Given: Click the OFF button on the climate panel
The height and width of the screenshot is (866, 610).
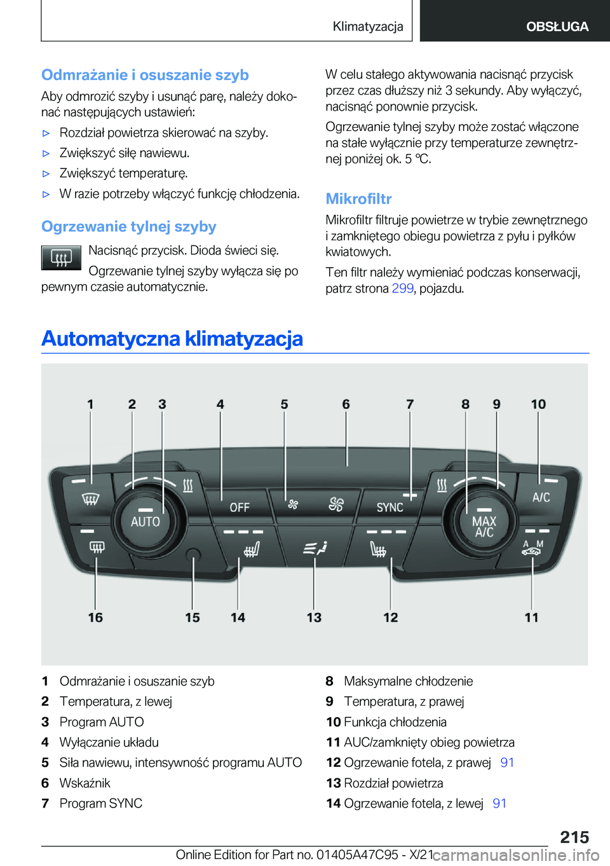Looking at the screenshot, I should pos(240,507).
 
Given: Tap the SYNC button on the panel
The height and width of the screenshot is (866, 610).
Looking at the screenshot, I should pos(390,507).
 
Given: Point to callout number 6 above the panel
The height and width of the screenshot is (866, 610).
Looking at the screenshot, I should pos(346,404).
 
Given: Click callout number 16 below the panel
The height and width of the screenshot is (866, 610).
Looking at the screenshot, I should pos(95,617).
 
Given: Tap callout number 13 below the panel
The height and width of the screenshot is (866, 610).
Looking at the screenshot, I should pos(314,617).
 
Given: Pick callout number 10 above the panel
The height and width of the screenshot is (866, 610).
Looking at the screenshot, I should pos(538,404).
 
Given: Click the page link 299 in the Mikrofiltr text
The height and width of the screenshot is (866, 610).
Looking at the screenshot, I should pos(402,288).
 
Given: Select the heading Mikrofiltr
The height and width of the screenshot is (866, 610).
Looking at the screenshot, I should pos(358,199).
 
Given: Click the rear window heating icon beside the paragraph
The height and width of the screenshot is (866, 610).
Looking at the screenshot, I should pos(61,258).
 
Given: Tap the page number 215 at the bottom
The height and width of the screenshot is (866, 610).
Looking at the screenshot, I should pos(574,837).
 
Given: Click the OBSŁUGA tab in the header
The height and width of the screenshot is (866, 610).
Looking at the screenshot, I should pos(557,26).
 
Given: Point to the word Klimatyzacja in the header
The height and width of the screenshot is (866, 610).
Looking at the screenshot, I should pos(368,26).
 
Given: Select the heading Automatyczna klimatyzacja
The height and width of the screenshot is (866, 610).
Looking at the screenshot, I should pos(172,338).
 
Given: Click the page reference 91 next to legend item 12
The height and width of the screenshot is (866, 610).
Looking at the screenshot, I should pos(507,762).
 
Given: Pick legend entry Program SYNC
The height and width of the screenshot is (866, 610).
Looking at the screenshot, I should pos(101,803).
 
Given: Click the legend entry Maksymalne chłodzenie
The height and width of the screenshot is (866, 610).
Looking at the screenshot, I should pos(408,681).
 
